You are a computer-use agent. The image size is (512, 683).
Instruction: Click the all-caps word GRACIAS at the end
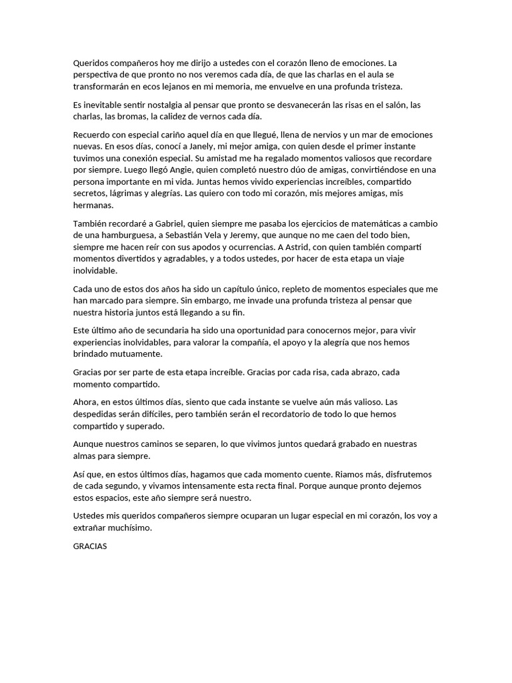(90, 546)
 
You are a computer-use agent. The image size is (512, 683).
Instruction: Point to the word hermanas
(95, 206)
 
